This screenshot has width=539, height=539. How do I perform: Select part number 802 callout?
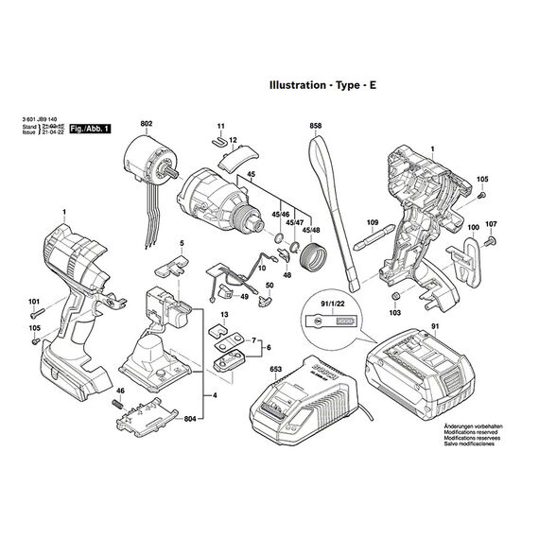coord(146,124)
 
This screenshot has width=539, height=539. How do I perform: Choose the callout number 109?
coord(372,223)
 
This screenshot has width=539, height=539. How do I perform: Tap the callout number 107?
coord(490,224)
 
